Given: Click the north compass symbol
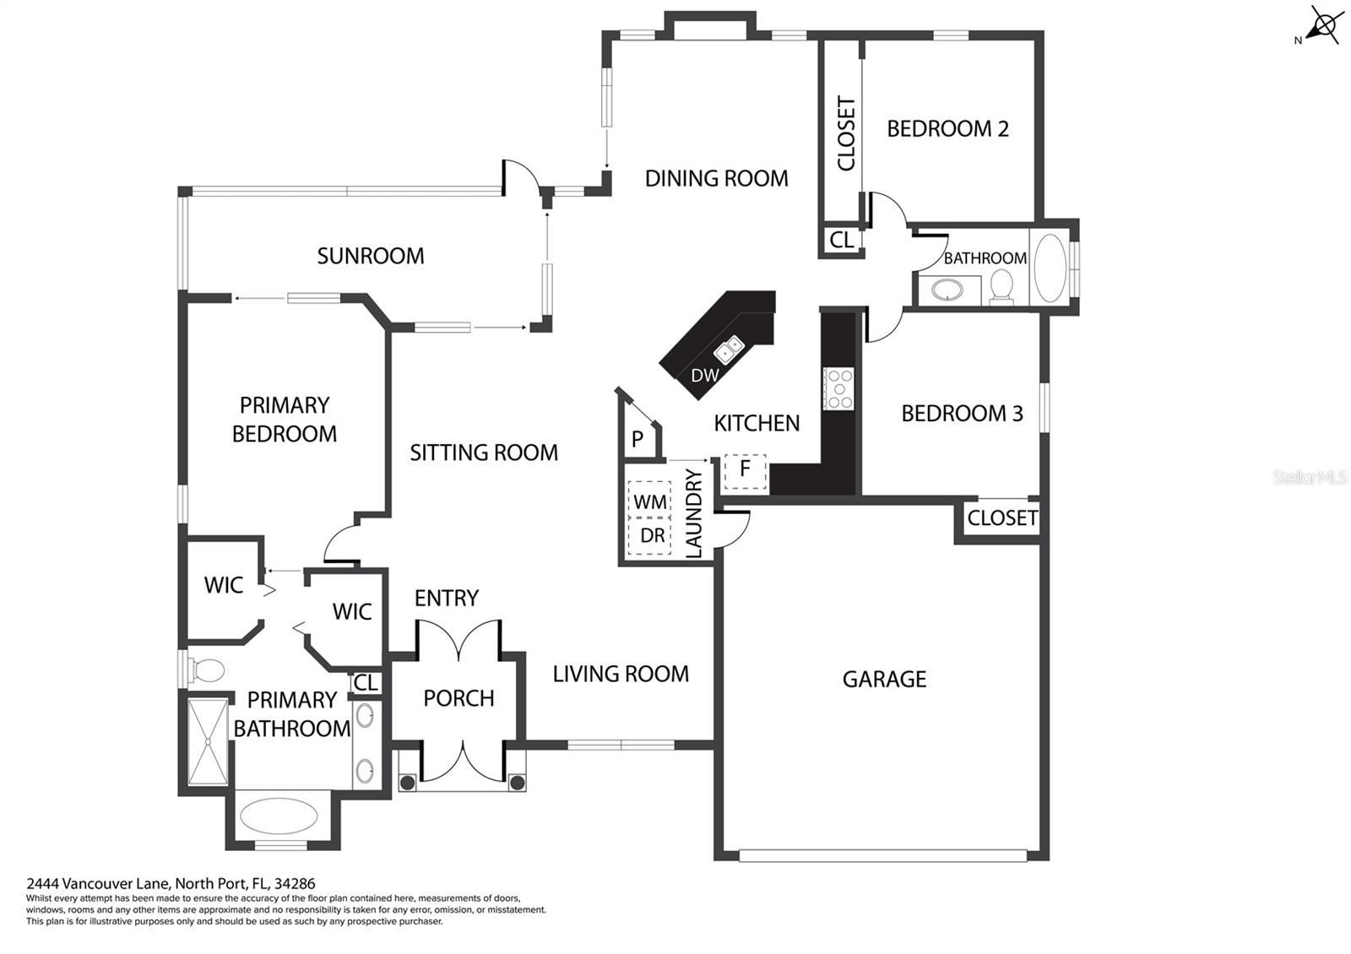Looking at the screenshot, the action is tap(1321, 26).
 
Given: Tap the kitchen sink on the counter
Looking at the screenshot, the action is tap(729, 350).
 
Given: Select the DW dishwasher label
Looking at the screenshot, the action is tap(704, 376).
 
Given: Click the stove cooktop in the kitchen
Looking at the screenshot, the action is tap(839, 389).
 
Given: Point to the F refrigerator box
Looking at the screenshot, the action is tap(745, 472).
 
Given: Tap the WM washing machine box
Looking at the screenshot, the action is tap(649, 500).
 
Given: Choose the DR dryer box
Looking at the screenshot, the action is tap(649, 535).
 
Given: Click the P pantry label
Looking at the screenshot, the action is tap(637, 440).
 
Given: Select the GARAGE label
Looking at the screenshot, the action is tap(884, 680).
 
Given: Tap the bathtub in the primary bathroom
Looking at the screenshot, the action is tap(279, 816).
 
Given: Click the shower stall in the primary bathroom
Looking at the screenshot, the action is tap(208, 742).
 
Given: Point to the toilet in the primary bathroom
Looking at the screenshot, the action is tap(206, 670).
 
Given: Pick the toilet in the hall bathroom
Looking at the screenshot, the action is tap(1001, 286).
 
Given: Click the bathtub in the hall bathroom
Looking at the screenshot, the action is tap(1050, 268).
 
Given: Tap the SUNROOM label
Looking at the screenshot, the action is tap(371, 257).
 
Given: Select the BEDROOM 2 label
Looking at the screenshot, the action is tap(947, 128).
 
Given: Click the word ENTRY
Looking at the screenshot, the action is tap(447, 599).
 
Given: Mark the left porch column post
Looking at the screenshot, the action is tap(407, 783).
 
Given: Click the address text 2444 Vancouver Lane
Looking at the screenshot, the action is tap(100, 884).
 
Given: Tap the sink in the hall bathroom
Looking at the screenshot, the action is tap(947, 290).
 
